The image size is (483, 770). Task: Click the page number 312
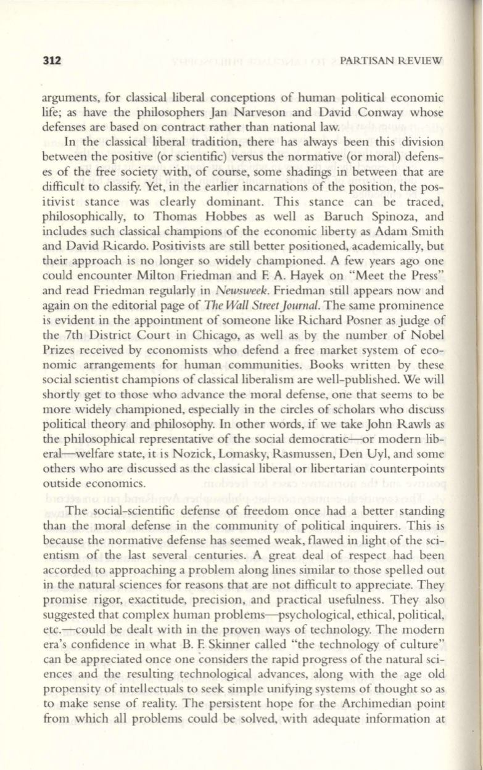click(x=49, y=61)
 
